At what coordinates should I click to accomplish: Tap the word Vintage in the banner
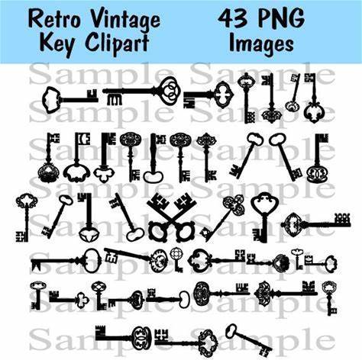coord(125,21)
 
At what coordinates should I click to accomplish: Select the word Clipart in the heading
coord(117,43)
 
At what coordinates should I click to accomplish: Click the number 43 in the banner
coord(232,18)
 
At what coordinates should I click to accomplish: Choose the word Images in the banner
coord(261,43)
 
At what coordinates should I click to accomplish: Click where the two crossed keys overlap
coord(171,217)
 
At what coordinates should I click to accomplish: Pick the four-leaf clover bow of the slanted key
coord(234,204)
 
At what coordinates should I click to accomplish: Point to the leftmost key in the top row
coord(69,100)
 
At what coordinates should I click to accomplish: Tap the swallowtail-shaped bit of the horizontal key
coord(37,265)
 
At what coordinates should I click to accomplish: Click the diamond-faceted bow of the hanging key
coord(89,234)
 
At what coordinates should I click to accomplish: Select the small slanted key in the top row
coord(293,93)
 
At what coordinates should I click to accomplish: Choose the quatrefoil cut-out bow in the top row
coord(225,95)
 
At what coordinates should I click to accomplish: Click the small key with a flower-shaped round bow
coord(176,259)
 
